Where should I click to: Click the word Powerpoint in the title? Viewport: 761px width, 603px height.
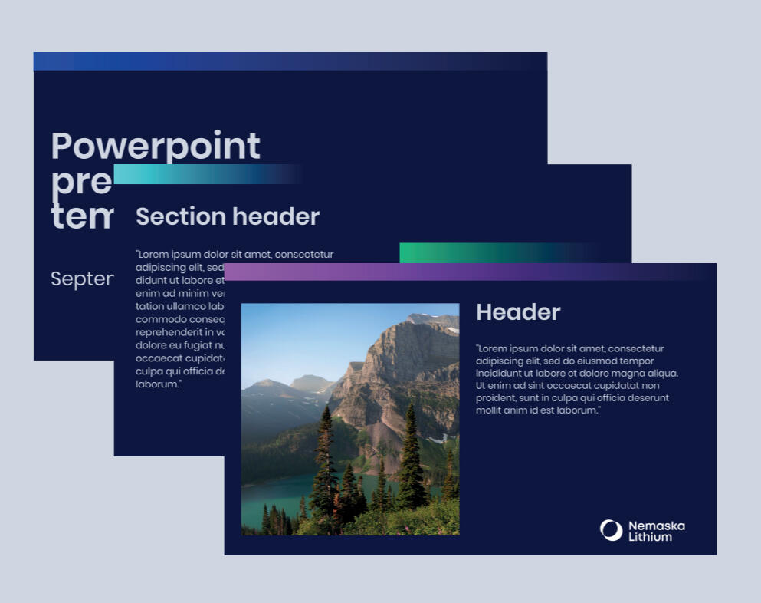[x=156, y=146]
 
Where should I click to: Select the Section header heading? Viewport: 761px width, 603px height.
[x=228, y=216]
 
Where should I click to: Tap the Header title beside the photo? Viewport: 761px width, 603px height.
[x=518, y=312]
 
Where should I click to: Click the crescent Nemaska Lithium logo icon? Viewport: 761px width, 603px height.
[x=611, y=530]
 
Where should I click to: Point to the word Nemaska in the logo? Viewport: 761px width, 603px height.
[x=656, y=526]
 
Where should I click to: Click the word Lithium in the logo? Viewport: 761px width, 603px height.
[x=650, y=537]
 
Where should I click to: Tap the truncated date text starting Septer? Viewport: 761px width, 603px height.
[x=82, y=279]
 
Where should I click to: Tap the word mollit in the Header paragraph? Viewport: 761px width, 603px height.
[x=490, y=410]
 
